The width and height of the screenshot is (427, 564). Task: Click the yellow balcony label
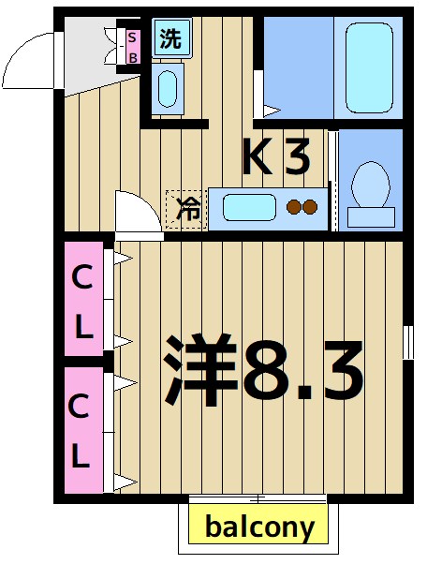(259, 527)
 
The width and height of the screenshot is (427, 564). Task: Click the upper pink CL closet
(84, 299)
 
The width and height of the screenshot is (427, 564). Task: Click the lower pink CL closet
(84, 430)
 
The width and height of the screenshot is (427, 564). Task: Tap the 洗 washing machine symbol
(169, 39)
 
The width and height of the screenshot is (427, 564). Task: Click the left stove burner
(293, 207)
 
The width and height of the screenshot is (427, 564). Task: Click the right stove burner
(311, 207)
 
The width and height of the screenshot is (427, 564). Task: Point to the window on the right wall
(407, 342)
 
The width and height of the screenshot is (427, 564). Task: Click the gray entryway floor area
(89, 56)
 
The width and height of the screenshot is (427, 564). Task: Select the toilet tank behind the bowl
(371, 217)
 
